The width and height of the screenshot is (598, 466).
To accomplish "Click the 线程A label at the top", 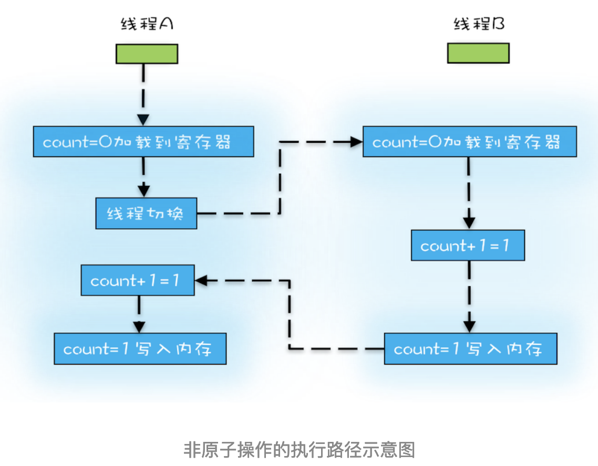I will pos(147,24).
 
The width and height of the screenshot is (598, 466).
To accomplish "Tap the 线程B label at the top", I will pos(479,24).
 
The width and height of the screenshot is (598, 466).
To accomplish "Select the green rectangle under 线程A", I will pos(147,54).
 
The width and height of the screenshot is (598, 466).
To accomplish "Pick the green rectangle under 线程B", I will pos(478,53).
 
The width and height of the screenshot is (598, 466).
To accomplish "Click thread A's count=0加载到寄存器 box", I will pos(143,142).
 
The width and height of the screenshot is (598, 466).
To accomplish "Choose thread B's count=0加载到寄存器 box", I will pos(469,142).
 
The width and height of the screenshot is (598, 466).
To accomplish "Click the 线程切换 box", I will pos(146,214).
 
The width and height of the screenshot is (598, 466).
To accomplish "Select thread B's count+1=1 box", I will pos(468,245).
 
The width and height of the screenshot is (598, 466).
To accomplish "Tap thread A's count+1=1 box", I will pos(137,280).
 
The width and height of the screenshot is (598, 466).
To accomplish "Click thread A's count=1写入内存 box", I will pos(140,348).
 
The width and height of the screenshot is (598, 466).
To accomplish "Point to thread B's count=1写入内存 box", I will pos(470,348).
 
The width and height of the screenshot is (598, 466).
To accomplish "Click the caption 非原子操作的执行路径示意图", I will pos(299,450).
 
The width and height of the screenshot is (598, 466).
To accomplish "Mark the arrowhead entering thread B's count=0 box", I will pos(357,141).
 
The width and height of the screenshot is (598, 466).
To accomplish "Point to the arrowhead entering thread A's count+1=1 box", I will pos(201,281).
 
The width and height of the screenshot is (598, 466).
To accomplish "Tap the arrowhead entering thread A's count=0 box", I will pos(143,119).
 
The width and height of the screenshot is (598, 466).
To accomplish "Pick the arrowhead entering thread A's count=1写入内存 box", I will pos(139,326).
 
